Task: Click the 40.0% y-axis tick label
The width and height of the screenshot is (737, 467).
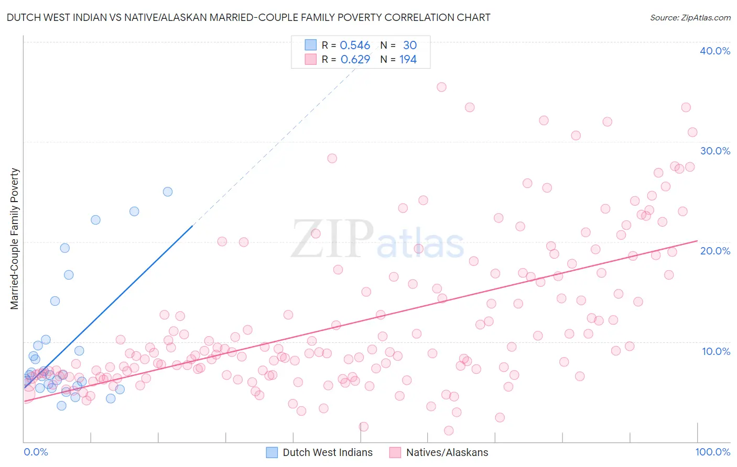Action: coord(715,51)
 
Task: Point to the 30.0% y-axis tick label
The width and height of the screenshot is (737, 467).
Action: coord(715,151)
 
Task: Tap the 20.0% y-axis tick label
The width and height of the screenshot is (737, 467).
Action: coord(715,251)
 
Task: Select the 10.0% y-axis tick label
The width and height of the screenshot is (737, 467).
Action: coord(716,351)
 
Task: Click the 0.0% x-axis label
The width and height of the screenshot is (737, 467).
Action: coord(36,452)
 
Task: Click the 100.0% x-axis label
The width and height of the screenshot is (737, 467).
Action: coord(712,452)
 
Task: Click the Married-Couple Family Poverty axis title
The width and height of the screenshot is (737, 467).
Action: coord(15,239)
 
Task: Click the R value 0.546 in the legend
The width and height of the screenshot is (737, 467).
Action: coord(355,46)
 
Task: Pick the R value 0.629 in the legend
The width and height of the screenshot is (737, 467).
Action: coord(355,60)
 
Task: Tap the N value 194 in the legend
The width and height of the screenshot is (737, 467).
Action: coord(408,60)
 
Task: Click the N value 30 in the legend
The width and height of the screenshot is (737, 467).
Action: coord(409,46)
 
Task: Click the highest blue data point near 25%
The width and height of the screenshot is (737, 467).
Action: coord(168,192)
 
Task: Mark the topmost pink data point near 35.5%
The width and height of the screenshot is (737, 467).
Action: coord(441,87)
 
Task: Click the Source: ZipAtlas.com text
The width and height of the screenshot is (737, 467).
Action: coord(690,18)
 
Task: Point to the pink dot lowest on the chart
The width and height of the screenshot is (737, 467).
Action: coord(449,430)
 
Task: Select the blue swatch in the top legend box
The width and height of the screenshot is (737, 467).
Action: coord(311,45)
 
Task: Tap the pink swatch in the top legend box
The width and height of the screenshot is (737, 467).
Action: coord(311,59)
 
